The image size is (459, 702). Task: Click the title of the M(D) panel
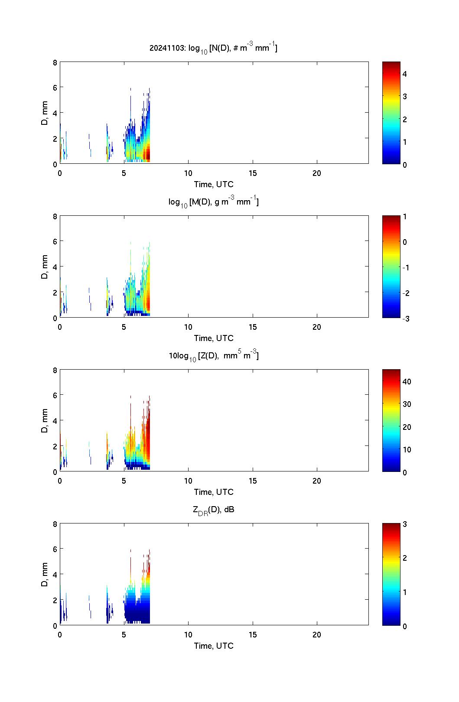(214, 202)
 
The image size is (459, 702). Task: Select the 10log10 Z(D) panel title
(214, 356)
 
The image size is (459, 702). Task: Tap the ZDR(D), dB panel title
(214, 510)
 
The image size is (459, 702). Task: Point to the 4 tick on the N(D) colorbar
(405, 74)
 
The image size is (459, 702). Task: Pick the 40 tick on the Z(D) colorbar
(407, 381)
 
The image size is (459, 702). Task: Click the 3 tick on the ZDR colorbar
(405, 524)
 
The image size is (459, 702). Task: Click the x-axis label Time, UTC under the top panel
(214, 184)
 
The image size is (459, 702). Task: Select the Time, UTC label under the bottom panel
(214, 646)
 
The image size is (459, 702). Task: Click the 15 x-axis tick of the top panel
(253, 173)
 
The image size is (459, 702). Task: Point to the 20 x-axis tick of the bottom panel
(317, 634)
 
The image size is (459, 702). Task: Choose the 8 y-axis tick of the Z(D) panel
(55, 370)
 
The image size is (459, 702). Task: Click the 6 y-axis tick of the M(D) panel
(55, 241)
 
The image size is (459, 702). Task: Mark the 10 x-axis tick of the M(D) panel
(188, 327)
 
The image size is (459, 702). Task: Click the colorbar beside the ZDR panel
(391, 574)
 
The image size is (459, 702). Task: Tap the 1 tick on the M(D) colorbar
(405, 217)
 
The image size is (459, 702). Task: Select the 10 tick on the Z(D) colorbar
(407, 449)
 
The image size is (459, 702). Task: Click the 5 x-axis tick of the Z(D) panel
(124, 481)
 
